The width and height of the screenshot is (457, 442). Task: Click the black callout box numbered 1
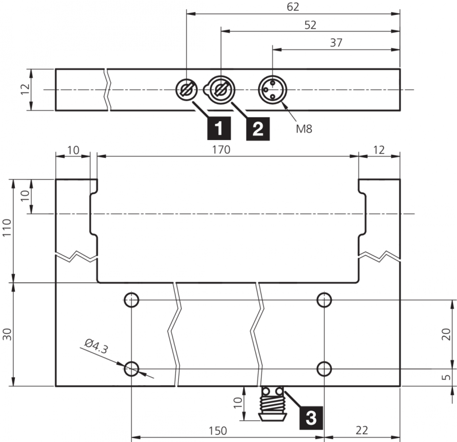(x=219, y=129)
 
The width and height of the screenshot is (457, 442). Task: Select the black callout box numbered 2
(x=258, y=129)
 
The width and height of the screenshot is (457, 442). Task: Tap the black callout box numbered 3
(x=311, y=417)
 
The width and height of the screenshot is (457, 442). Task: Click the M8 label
(x=304, y=129)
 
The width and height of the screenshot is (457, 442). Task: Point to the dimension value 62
(x=293, y=7)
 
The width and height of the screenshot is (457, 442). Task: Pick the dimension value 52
(x=310, y=25)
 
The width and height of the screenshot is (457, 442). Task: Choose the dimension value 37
(x=336, y=43)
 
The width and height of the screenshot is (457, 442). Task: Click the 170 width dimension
(x=221, y=150)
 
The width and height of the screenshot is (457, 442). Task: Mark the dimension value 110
(x=7, y=227)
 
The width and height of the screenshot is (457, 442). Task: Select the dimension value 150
(x=218, y=431)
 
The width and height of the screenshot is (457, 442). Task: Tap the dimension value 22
(x=362, y=431)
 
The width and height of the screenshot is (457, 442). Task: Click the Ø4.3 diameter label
(x=97, y=346)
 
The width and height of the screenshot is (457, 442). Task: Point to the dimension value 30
(x=7, y=335)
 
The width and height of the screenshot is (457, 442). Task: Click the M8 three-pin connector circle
(x=272, y=89)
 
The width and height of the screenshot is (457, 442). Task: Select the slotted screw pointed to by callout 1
(x=187, y=89)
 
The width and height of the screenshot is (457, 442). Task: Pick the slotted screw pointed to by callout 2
(x=221, y=89)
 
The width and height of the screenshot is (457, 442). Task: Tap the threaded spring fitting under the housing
(x=273, y=404)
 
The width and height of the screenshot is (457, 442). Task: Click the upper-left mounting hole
(x=131, y=300)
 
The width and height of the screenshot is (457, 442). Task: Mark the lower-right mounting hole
(x=324, y=369)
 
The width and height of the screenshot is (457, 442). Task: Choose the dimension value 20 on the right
(x=446, y=335)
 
